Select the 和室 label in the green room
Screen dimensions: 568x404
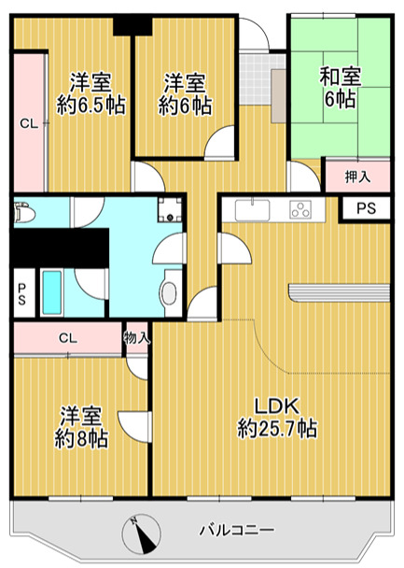(x=341, y=76)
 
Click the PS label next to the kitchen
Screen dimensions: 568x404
(x=366, y=209)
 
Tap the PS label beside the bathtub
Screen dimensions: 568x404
(x=21, y=294)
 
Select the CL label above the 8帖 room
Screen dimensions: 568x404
(x=67, y=337)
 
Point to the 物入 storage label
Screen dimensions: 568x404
(x=136, y=337)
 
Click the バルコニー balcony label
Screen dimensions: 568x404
(x=236, y=530)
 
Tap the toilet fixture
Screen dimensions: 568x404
(x=23, y=215)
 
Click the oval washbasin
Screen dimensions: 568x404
(x=168, y=293)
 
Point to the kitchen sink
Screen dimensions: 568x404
(x=252, y=208)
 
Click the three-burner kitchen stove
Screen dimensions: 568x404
(x=303, y=209)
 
